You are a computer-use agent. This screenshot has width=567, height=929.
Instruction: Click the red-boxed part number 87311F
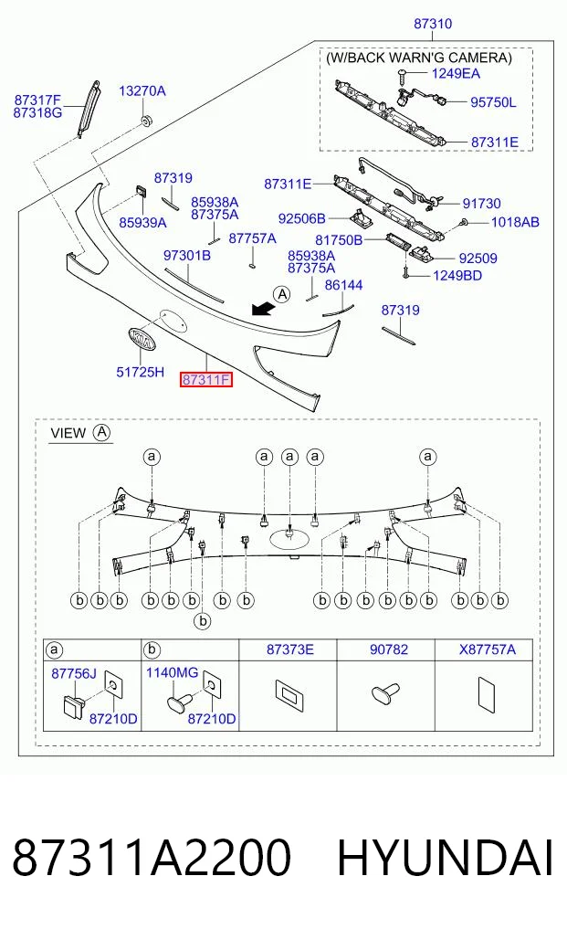(x=206, y=379)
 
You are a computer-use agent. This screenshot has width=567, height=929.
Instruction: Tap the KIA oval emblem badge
(x=142, y=340)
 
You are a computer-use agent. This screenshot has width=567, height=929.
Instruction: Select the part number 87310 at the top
(x=433, y=24)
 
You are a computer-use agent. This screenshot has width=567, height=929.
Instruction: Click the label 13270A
(x=142, y=90)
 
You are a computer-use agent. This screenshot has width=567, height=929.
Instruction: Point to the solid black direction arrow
(x=262, y=309)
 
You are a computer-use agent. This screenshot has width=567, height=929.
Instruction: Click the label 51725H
(x=141, y=372)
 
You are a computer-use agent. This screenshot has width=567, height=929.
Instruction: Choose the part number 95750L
(x=493, y=102)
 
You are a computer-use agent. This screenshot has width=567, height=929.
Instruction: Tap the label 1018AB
(x=515, y=222)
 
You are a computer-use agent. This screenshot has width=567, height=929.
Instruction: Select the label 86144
(x=343, y=285)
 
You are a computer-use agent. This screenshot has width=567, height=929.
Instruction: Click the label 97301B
(x=187, y=256)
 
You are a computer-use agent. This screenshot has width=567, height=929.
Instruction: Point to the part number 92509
(x=478, y=259)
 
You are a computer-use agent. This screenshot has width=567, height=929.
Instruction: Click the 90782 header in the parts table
(x=389, y=649)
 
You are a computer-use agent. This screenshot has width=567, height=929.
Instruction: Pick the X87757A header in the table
(x=487, y=649)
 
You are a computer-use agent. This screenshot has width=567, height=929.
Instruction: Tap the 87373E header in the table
(x=289, y=649)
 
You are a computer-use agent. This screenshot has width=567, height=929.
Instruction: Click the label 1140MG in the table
(x=172, y=672)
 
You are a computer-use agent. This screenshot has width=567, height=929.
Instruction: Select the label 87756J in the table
(x=73, y=673)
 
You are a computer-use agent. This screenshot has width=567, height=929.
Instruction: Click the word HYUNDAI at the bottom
(x=445, y=858)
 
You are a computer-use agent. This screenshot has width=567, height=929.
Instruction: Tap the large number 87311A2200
(x=152, y=858)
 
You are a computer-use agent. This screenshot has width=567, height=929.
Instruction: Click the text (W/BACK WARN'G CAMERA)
(x=419, y=58)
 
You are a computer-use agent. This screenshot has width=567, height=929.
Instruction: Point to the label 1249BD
(x=457, y=276)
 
